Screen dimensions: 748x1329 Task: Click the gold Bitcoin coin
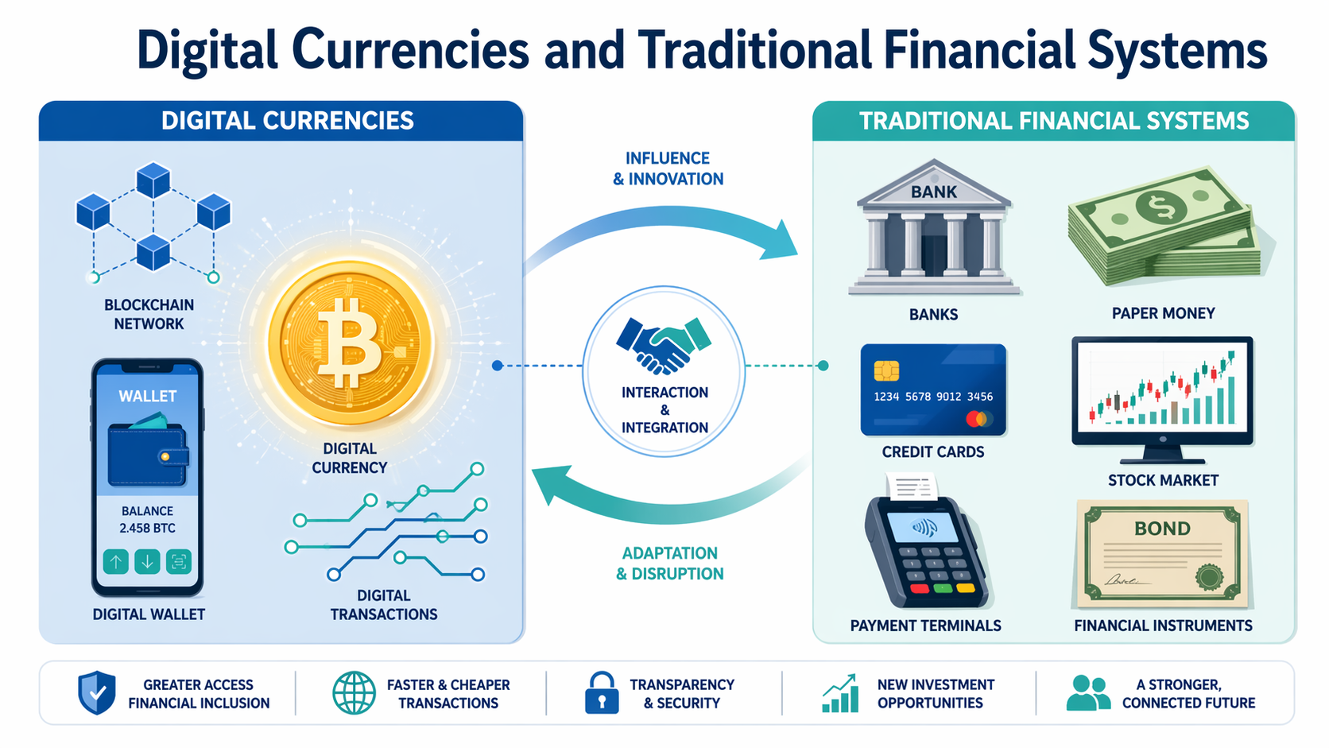351,343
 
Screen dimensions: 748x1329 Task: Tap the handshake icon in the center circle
664,345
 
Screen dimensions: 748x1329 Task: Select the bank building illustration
934,228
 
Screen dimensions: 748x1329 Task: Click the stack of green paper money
1165,227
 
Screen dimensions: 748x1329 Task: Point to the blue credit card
933,390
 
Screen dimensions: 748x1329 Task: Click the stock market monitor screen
1162,391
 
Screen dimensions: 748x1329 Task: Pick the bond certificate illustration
1162,553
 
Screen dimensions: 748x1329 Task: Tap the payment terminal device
927,552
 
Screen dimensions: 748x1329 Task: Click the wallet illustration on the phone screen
148,454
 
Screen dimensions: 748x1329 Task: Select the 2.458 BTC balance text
148,528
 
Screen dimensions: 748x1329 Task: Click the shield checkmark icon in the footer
97,692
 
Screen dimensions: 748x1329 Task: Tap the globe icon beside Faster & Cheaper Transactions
354,692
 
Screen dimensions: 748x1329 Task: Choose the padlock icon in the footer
602,692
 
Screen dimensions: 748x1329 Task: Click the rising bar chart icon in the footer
841,693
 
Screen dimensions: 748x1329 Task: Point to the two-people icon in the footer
1087,693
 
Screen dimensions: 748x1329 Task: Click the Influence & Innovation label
668,169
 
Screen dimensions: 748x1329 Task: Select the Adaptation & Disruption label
670,564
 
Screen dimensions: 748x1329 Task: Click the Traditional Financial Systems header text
1054,121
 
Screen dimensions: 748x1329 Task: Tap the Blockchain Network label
149,314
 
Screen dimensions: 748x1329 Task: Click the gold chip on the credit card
886,370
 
